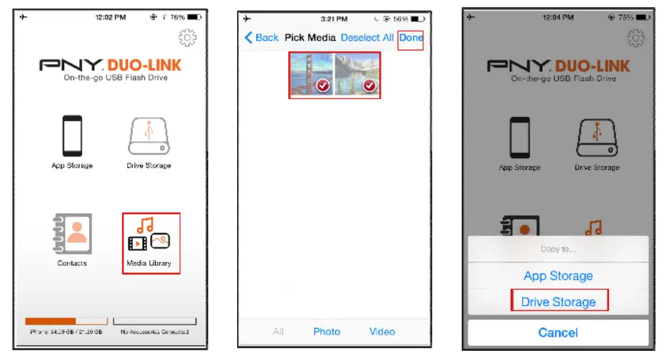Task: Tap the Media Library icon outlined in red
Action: [x=151, y=242]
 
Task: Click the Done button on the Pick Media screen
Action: [x=411, y=38]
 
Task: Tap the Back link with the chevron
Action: [x=262, y=38]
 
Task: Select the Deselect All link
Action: [x=367, y=38]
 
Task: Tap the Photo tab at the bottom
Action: [x=326, y=332]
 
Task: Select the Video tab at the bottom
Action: [x=382, y=332]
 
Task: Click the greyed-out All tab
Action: [x=278, y=332]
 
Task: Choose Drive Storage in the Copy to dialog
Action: [x=559, y=302]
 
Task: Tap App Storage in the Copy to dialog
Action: [x=559, y=276]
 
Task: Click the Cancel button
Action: [x=558, y=333]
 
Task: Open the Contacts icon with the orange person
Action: [x=72, y=236]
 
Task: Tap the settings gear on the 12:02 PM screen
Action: [x=187, y=39]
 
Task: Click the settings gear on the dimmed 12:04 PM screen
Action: [x=635, y=39]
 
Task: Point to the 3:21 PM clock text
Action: [x=334, y=18]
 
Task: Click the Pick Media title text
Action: [x=310, y=38]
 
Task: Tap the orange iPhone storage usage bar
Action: [x=51, y=321]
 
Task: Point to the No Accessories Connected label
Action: [x=155, y=332]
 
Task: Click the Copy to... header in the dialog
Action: [x=558, y=249]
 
